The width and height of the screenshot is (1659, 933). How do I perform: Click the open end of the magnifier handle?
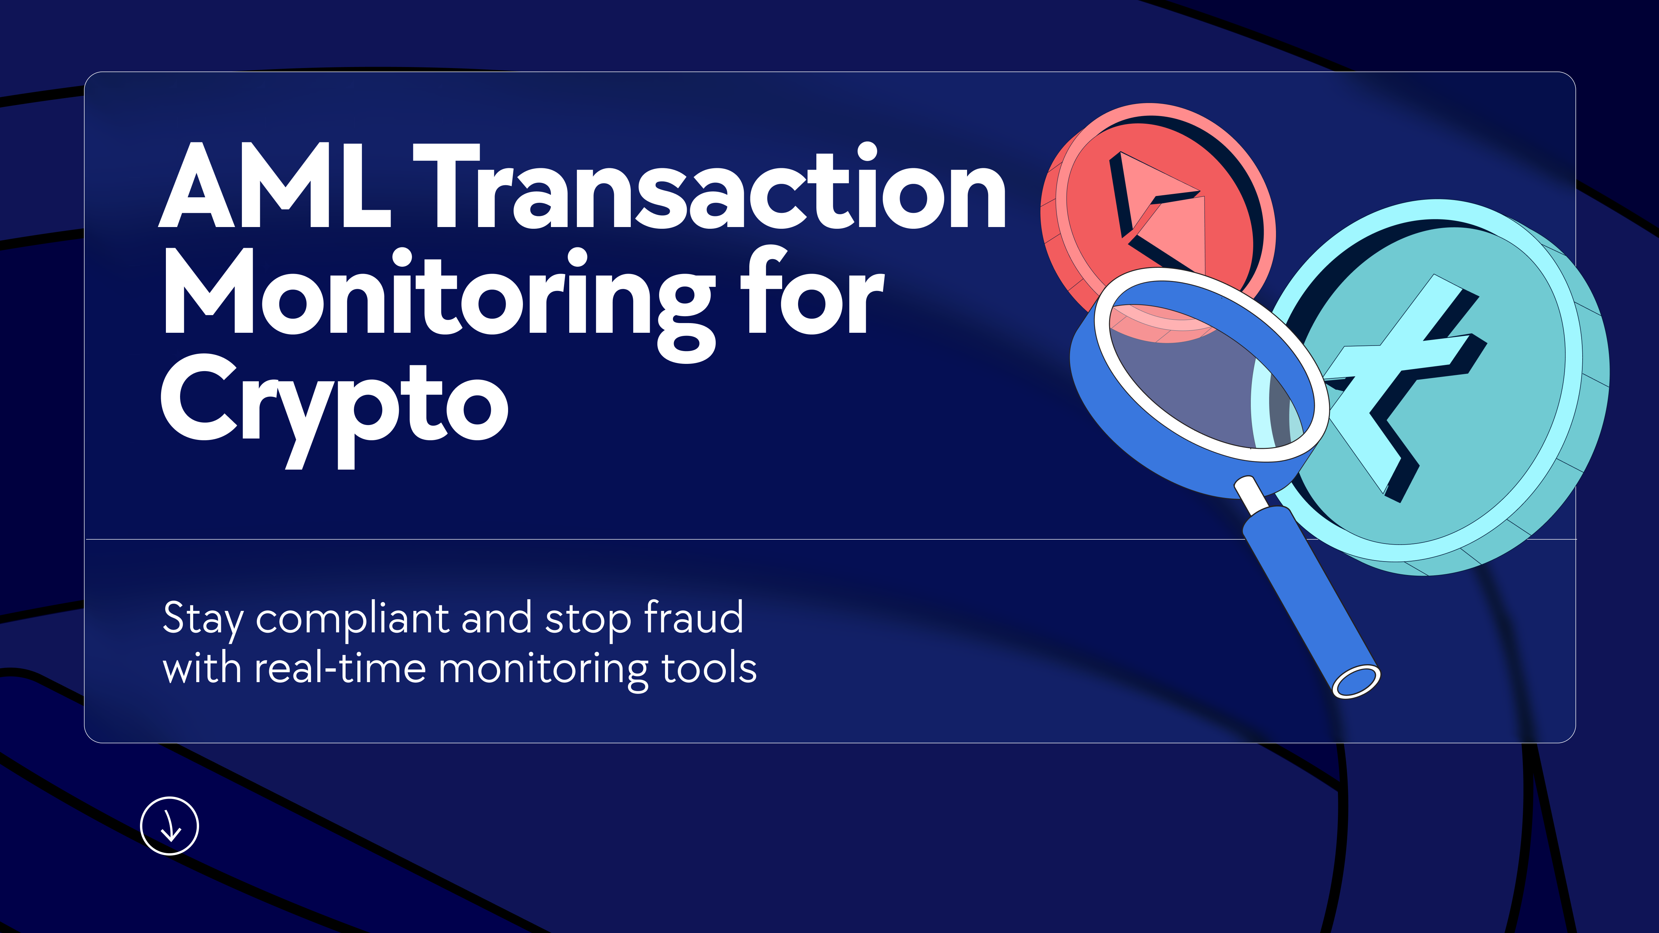1356,681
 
